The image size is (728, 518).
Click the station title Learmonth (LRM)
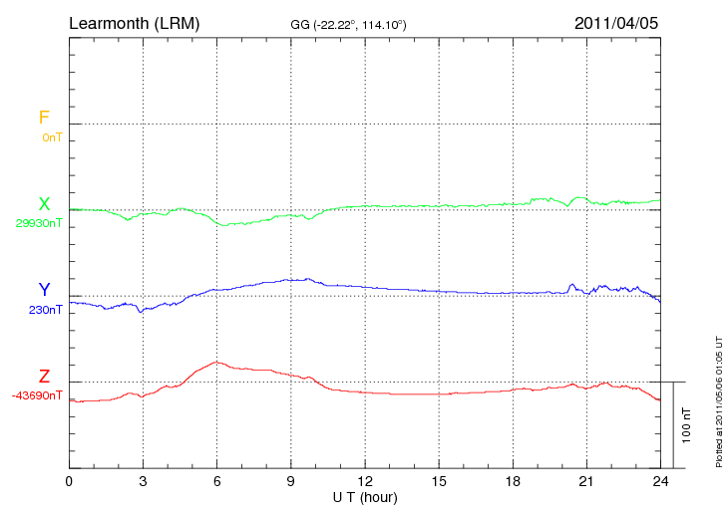click(x=134, y=22)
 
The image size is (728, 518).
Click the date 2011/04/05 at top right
click(x=616, y=22)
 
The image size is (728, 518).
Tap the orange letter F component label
click(x=44, y=118)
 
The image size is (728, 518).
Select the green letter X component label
click(x=44, y=204)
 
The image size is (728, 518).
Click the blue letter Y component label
click(x=44, y=290)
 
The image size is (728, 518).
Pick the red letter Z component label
click(x=44, y=377)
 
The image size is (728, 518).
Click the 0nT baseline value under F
click(x=52, y=137)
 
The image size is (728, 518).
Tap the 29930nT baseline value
click(x=39, y=223)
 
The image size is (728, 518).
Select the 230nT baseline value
click(x=46, y=310)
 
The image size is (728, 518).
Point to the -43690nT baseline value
click(x=38, y=395)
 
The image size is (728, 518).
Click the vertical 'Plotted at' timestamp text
click(x=718, y=398)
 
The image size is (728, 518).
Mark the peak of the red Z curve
click(x=215, y=362)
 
